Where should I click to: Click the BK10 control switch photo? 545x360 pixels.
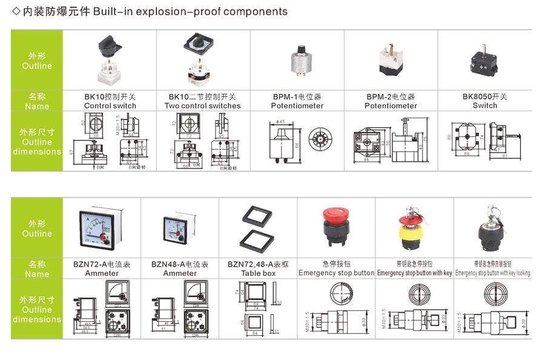[110, 60]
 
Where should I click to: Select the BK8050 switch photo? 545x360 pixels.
[484, 60]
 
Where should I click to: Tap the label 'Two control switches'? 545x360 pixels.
[203, 106]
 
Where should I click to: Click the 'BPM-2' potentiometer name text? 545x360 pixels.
[391, 96]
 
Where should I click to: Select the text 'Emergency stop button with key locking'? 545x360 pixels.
[493, 273]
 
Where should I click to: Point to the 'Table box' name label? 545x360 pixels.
[259, 273]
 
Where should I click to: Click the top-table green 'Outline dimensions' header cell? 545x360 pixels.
[37, 142]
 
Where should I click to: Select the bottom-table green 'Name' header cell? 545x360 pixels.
[37, 269]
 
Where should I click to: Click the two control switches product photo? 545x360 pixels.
[202, 59]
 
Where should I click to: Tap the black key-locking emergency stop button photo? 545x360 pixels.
[492, 227]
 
